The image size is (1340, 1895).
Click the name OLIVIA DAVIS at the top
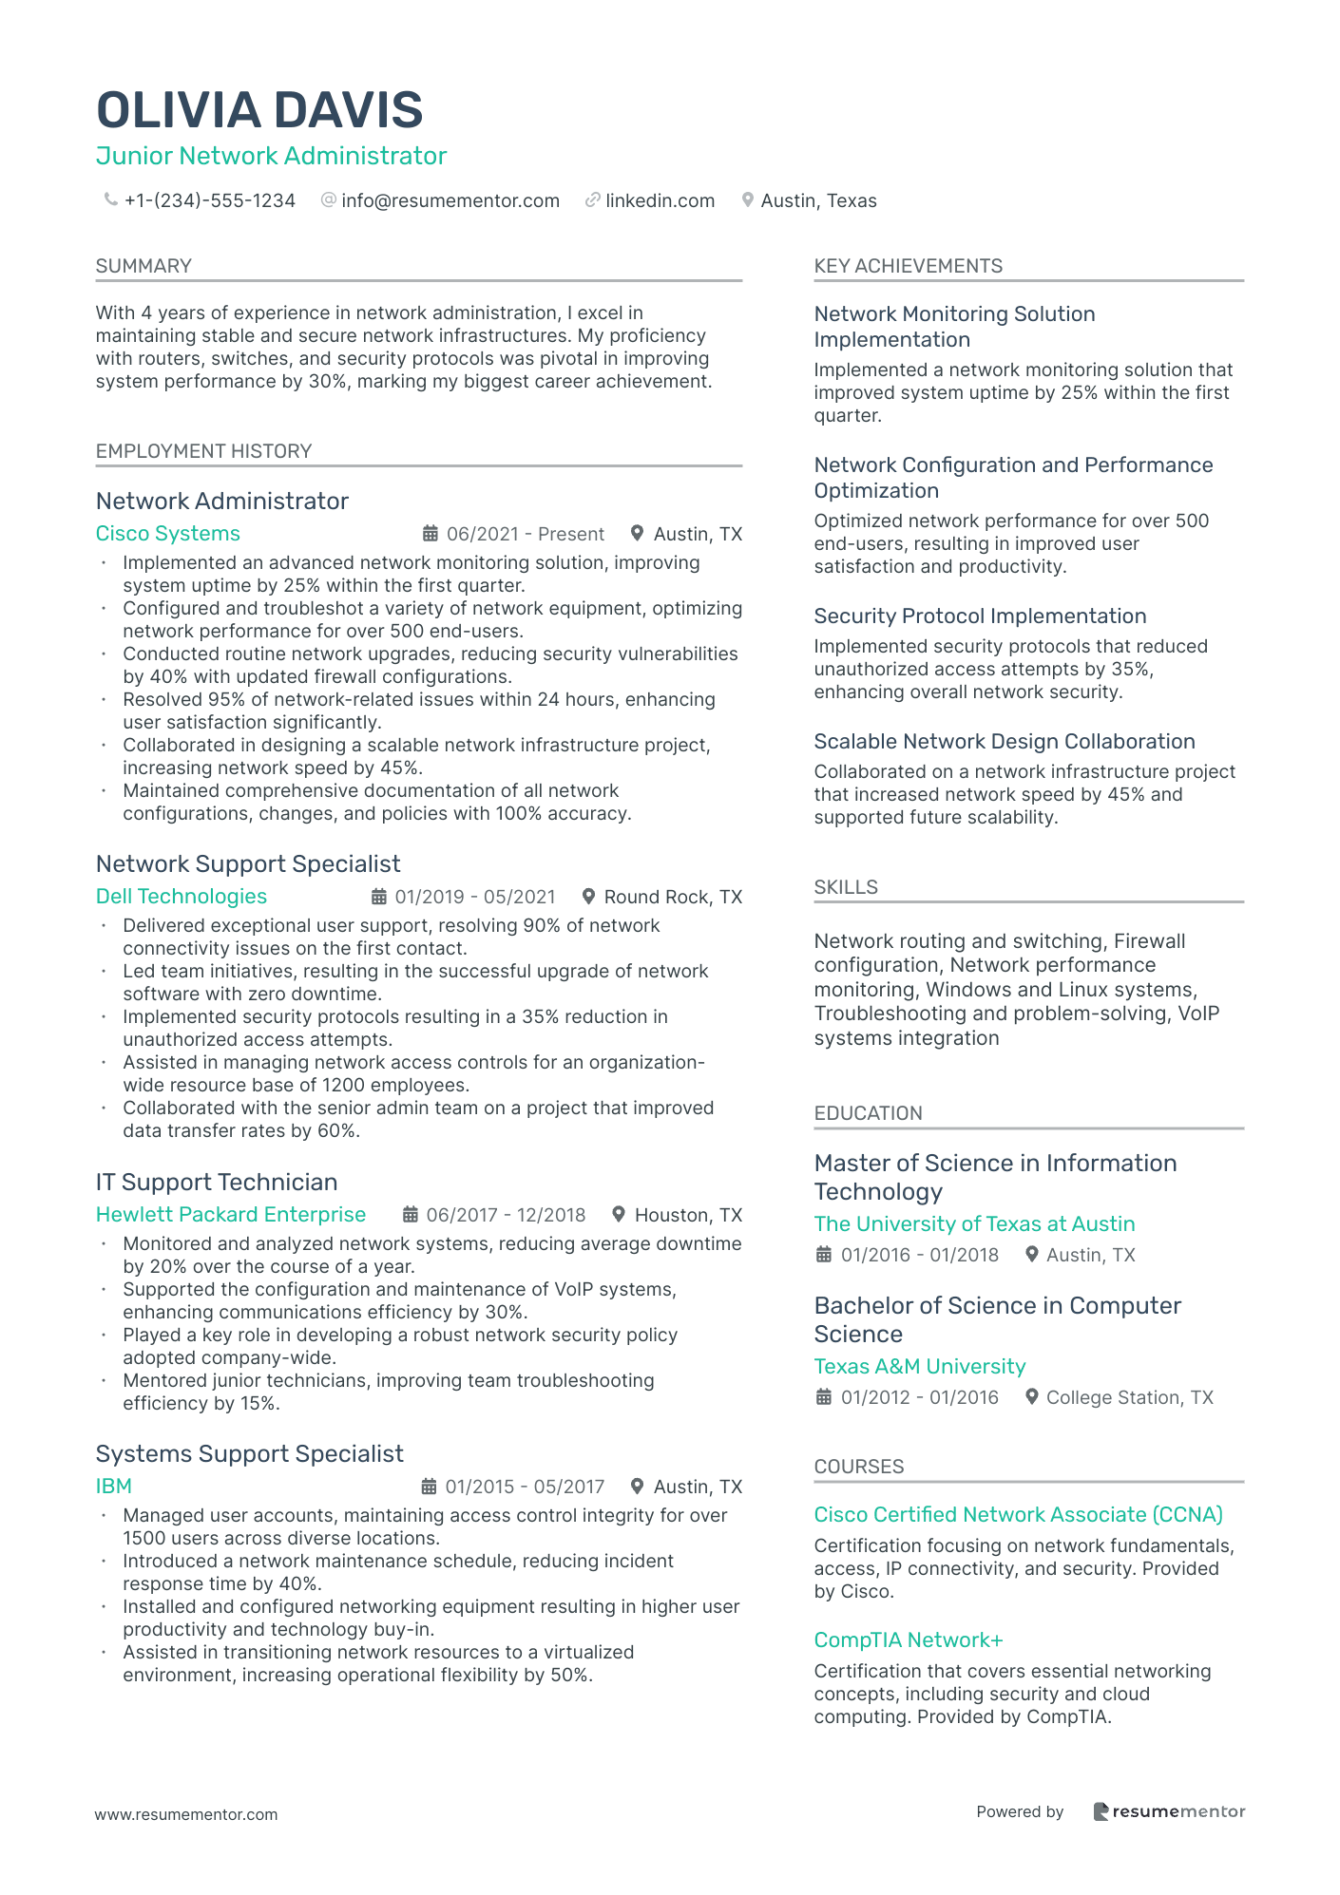point(259,110)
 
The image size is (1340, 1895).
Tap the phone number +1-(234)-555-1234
point(209,200)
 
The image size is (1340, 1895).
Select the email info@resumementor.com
point(450,200)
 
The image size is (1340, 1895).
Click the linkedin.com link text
point(660,200)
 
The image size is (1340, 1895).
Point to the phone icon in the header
point(110,199)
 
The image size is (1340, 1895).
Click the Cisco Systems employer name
point(167,534)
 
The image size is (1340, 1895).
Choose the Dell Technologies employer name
point(181,897)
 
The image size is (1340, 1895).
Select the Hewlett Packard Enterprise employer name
point(230,1215)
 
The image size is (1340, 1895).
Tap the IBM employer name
point(113,1487)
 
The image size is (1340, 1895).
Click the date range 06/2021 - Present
point(525,534)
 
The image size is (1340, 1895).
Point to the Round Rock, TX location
point(673,897)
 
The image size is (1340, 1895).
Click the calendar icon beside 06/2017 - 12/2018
point(411,1215)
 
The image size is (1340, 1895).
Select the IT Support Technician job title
point(216,1183)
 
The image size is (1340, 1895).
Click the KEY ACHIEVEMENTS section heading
point(908,266)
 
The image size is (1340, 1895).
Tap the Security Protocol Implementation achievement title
point(980,616)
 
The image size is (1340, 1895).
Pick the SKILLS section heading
point(845,887)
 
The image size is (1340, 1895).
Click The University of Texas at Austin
point(974,1224)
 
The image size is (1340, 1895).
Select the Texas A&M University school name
point(919,1367)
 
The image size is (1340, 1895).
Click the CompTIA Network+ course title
point(908,1640)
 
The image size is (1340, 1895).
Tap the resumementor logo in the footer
point(1169,1811)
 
